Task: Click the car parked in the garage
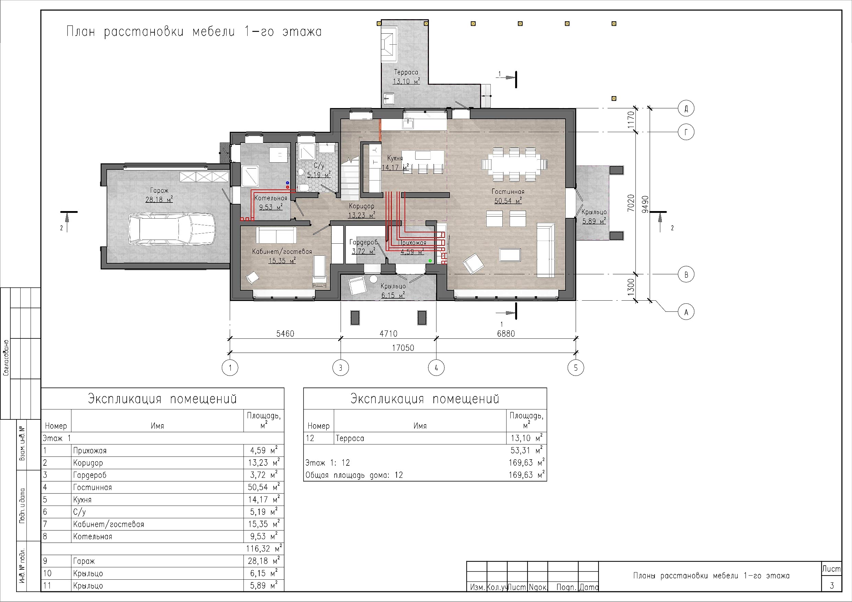(172, 229)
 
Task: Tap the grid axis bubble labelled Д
(686, 109)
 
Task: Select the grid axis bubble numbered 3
(341, 368)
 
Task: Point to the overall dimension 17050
(403, 348)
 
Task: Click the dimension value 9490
(645, 204)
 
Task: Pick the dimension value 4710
(388, 334)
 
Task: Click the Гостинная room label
(508, 192)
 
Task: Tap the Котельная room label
(271, 198)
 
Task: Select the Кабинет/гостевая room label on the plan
(282, 252)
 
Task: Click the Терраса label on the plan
(406, 72)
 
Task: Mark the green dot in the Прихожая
(430, 261)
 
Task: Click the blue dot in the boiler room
(287, 183)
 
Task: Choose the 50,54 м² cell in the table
(263, 487)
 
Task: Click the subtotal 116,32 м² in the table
(264, 548)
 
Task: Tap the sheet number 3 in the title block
(832, 585)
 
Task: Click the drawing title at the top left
(194, 32)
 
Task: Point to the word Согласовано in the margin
(6, 358)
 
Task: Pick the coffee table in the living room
(510, 255)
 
